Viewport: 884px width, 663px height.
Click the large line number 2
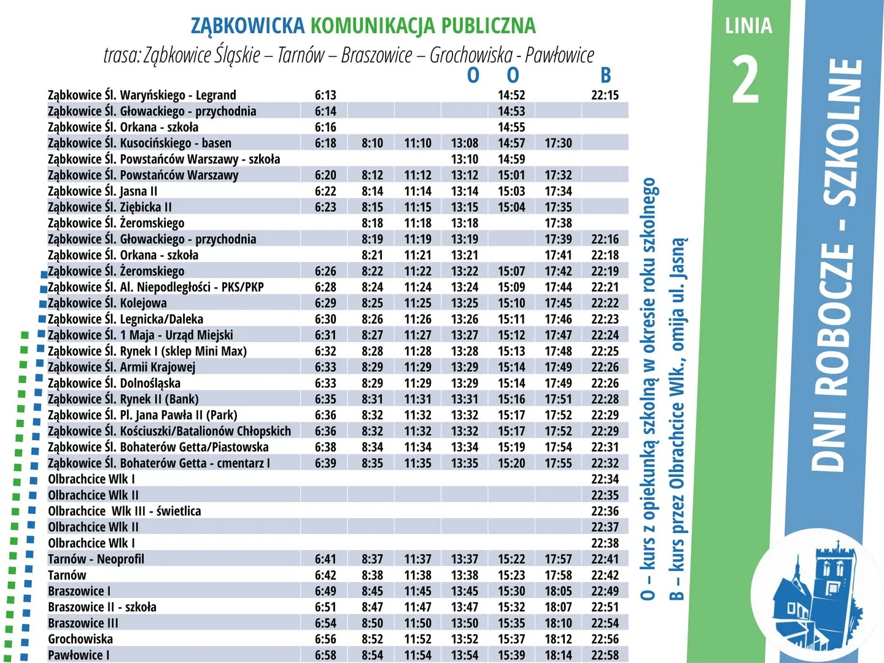(746, 80)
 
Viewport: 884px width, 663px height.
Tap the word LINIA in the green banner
(748, 26)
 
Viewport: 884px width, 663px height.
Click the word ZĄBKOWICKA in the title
(247, 26)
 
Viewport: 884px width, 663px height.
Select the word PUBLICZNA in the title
(488, 26)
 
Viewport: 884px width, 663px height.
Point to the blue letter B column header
(605, 76)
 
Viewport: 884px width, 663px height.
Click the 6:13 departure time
(325, 95)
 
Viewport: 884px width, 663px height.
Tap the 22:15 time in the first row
(605, 95)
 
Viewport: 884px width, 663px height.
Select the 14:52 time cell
(511, 95)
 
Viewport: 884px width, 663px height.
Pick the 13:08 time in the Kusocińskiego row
(465, 143)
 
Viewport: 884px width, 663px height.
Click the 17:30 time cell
(558, 143)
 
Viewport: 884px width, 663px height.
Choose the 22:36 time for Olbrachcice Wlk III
(605, 511)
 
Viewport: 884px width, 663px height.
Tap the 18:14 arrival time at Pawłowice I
(558, 655)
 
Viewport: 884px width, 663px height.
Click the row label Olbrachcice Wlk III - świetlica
(125, 511)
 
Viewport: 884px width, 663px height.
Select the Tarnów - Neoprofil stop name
(96, 559)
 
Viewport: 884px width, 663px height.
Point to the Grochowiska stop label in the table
(80, 639)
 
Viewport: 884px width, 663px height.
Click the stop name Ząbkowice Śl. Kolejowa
(107, 303)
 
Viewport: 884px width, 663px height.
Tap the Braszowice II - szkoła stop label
(103, 607)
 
